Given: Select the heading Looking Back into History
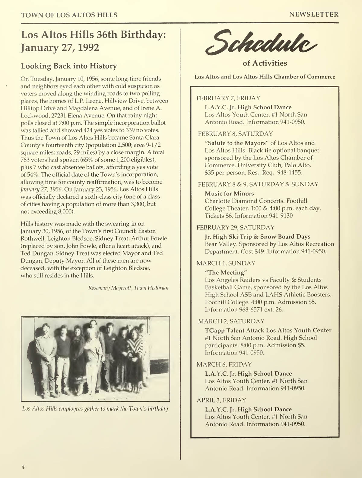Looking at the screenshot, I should pos(68,66).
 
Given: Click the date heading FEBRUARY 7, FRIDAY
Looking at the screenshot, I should pos(228,98).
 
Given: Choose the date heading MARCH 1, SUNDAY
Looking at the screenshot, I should pos(226,263).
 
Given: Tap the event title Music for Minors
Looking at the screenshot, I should pos(229,194).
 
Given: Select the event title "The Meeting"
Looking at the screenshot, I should pos(224,273).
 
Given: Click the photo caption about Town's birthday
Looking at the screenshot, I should pos(95,409).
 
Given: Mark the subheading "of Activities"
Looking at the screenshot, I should pos(265,63).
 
